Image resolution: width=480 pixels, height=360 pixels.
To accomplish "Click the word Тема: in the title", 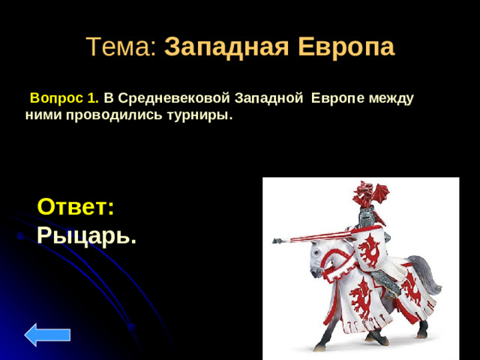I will (x=121, y=47).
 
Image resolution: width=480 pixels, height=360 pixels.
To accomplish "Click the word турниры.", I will (x=205, y=116).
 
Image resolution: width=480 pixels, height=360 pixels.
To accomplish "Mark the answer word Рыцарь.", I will (x=86, y=235).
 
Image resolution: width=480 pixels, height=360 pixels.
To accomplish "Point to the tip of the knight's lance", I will (x=274, y=241).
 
